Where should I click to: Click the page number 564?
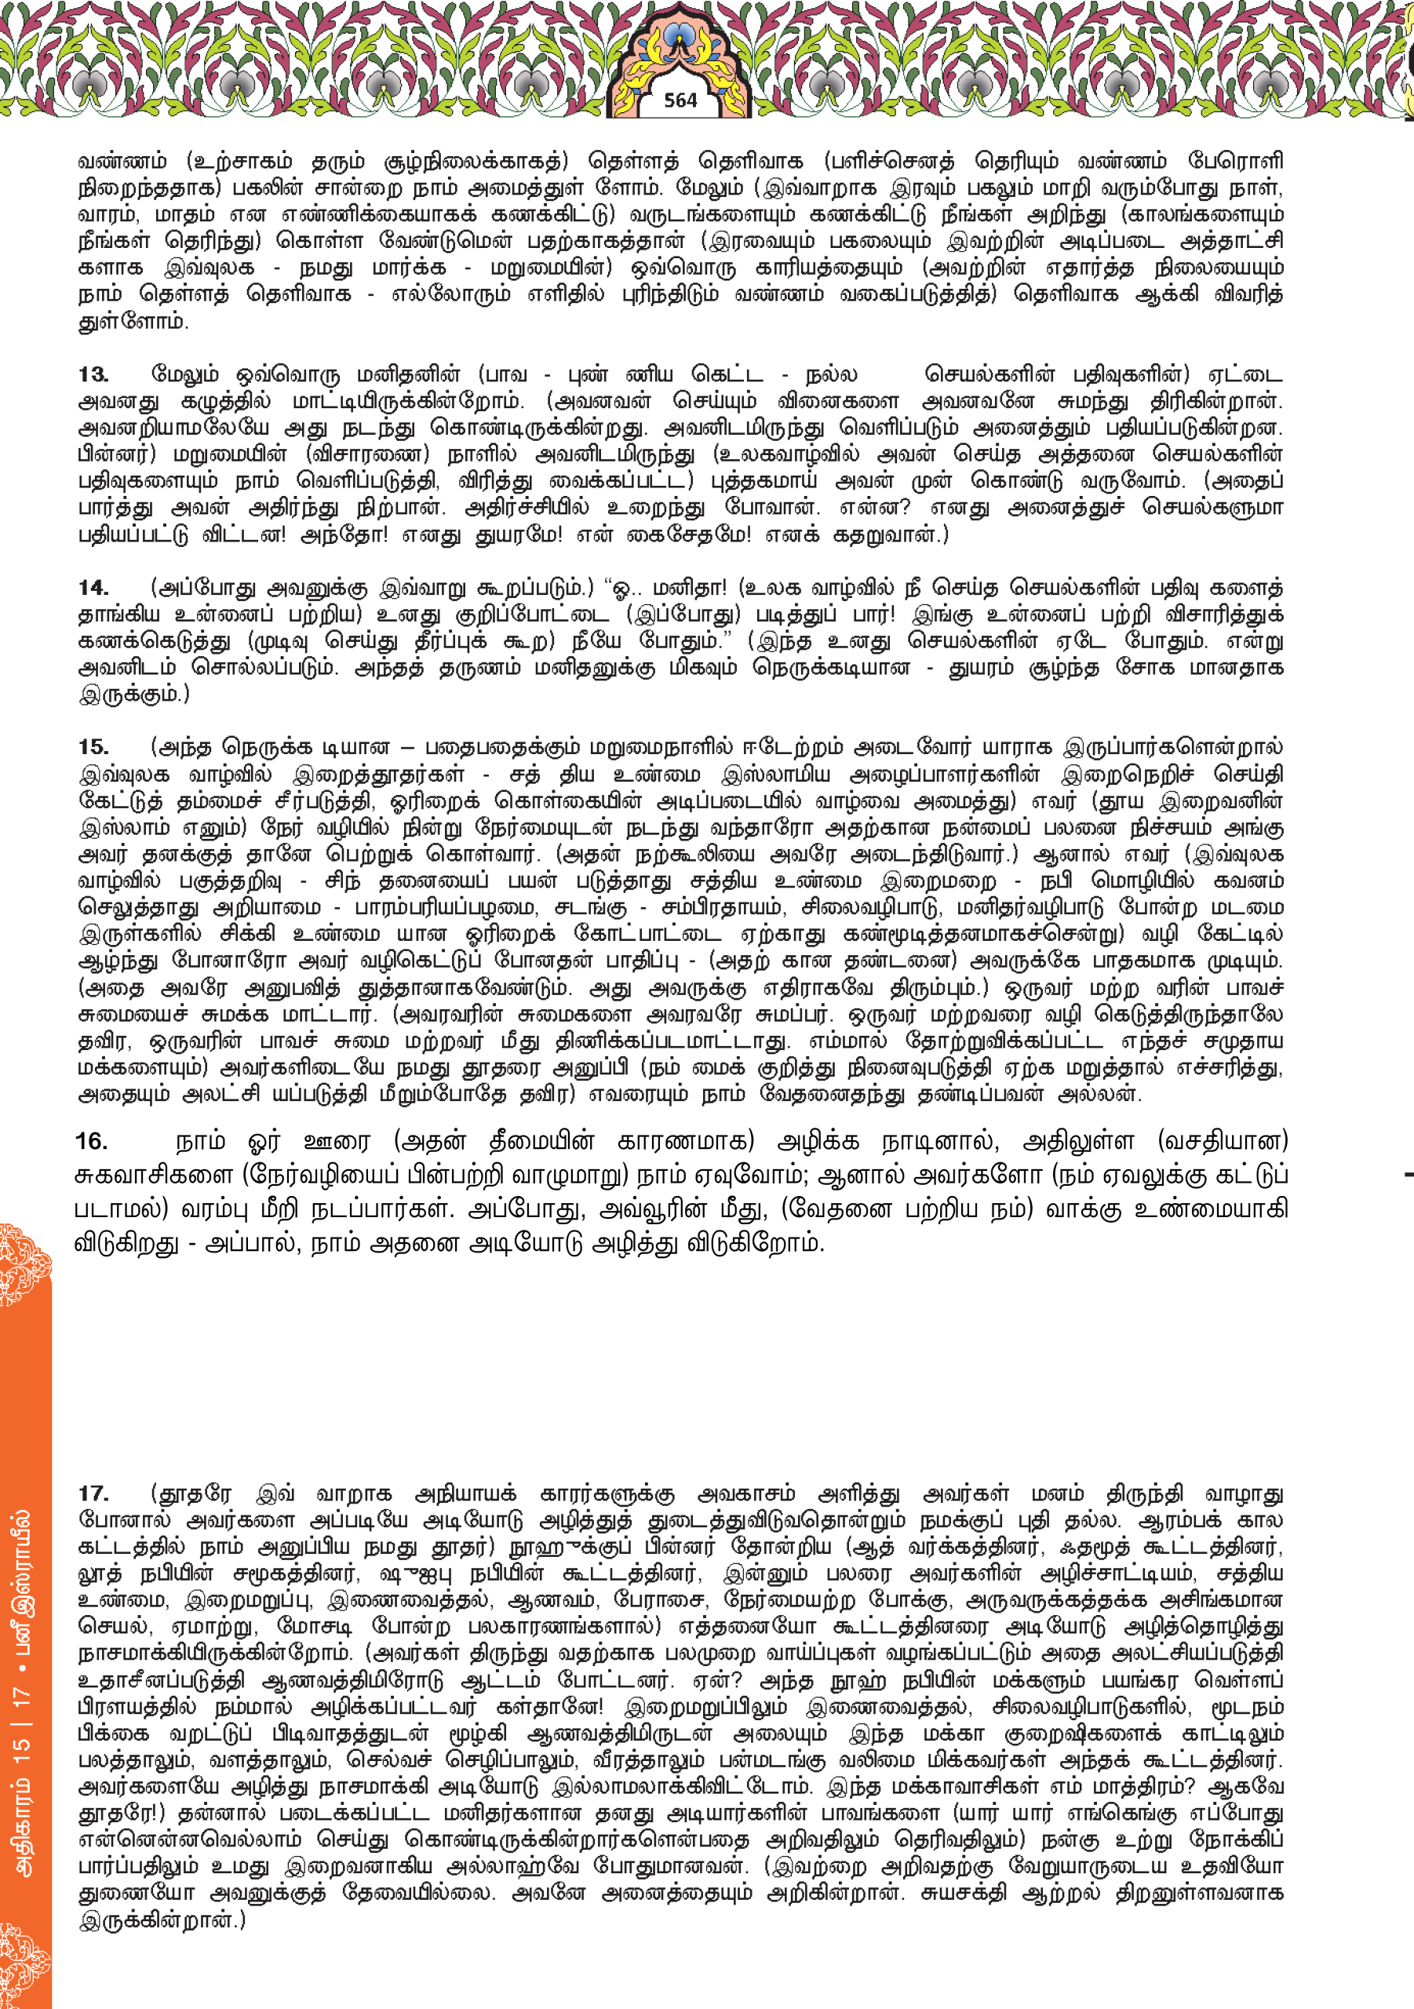tap(680, 100)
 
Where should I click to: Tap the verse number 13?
tap(93, 374)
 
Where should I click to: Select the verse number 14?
tap(93, 587)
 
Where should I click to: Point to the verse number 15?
tap(93, 747)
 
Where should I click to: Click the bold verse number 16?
tap(92, 1141)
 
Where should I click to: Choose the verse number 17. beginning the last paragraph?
tap(93, 1493)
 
